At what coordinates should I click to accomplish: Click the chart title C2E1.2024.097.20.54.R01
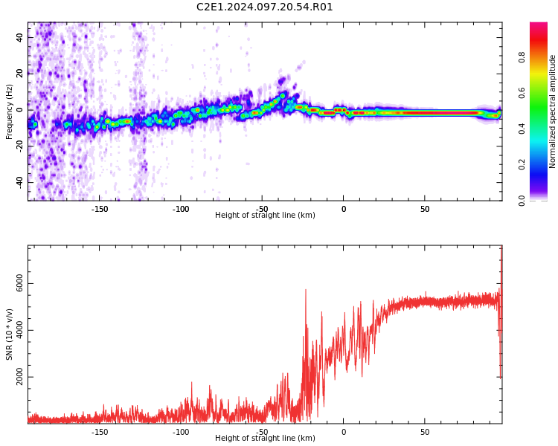coord(264,7)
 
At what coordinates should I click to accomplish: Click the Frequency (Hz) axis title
coord(10,111)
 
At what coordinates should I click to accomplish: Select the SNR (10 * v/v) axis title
coord(10,334)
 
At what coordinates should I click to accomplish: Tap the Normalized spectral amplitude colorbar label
coord(553,111)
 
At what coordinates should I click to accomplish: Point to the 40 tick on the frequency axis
coord(20,37)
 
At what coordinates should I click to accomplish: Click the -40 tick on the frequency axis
coord(19,182)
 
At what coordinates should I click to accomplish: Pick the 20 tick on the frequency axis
coord(20,74)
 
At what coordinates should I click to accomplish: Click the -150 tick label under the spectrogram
coord(100,209)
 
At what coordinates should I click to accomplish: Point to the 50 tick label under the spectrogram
coord(424,209)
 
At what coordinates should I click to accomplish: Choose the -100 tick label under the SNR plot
coord(181,432)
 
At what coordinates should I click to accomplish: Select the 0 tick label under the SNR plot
coord(344,432)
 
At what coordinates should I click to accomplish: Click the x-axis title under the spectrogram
coord(265,216)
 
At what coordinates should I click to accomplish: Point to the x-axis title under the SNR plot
coord(265,439)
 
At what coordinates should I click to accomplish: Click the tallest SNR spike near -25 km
coord(306,291)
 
